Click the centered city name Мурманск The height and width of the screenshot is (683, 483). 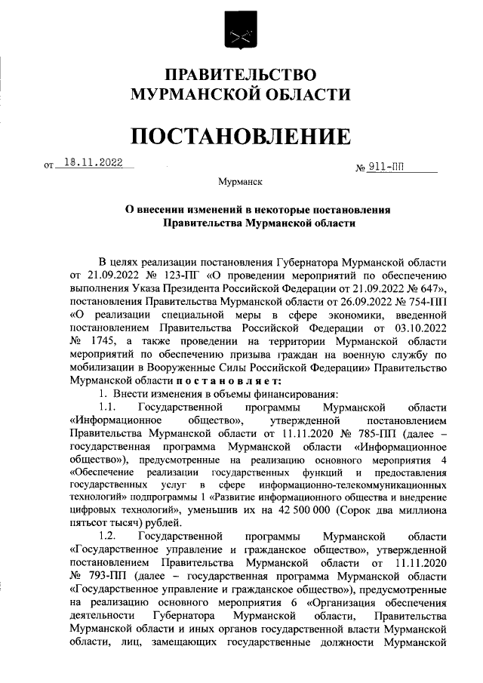pos(241,182)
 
